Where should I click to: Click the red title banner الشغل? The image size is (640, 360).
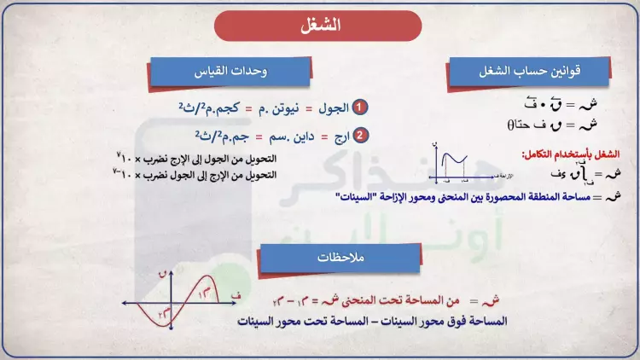click(x=320, y=26)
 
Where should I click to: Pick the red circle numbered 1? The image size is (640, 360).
click(x=361, y=107)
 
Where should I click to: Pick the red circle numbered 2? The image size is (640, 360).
click(x=361, y=136)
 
